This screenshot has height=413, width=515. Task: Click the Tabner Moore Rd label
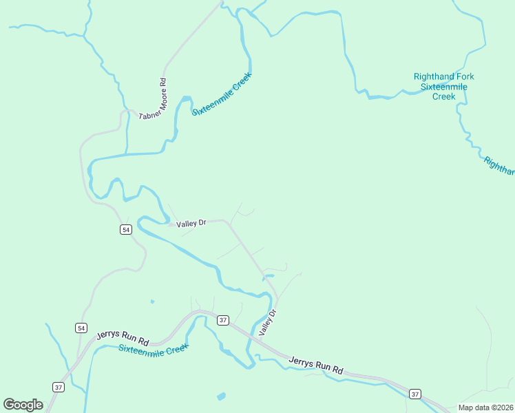153,100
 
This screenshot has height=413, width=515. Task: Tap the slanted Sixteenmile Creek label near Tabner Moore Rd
222,94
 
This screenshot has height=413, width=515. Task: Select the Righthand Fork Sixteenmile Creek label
443,87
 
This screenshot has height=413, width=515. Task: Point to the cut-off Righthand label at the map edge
499,166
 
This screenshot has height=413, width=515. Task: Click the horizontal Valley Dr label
191,224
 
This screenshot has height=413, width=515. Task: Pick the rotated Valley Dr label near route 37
267,323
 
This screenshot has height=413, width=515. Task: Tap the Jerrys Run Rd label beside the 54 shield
123,337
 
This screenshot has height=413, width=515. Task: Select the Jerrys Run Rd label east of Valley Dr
315,365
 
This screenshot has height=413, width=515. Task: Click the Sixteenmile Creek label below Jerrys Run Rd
153,349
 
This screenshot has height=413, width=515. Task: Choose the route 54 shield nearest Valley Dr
125,229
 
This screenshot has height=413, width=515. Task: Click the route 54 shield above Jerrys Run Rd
81,328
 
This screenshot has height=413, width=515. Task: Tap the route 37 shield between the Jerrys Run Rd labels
222,320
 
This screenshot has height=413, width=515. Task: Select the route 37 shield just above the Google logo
59,388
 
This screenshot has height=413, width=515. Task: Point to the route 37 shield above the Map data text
414,394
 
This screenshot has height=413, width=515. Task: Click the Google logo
23,405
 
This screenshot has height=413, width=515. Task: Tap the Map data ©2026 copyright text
485,407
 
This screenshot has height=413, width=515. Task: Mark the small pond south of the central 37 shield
221,396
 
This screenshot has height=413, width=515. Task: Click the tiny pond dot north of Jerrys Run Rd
151,301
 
